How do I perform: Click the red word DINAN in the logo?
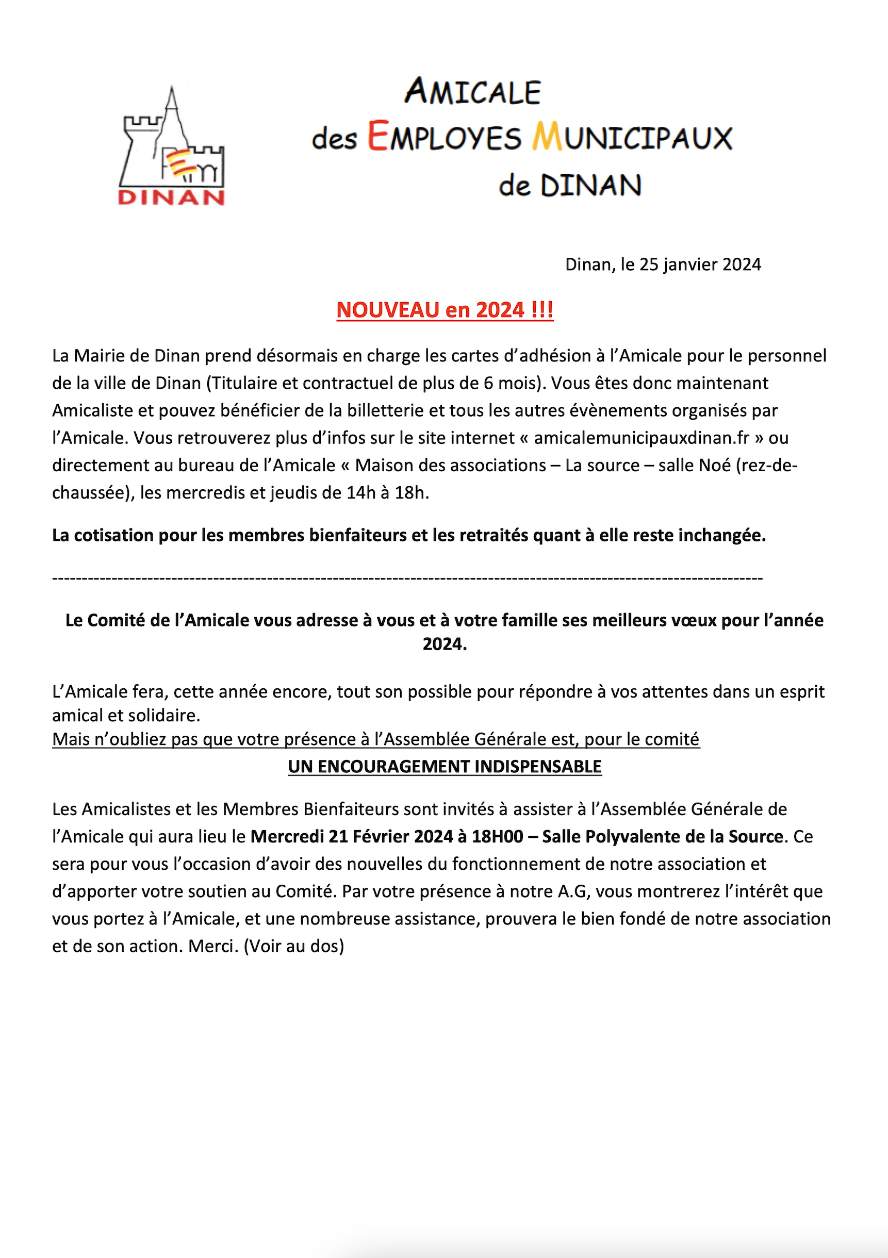click(171, 197)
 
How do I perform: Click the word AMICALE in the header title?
click(473, 91)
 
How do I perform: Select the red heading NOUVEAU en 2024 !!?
click(445, 310)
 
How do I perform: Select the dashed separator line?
click(407, 578)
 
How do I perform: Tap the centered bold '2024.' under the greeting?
click(445, 644)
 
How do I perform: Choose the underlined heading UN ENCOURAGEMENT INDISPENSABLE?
click(445, 767)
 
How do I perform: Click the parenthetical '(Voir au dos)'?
click(294, 946)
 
